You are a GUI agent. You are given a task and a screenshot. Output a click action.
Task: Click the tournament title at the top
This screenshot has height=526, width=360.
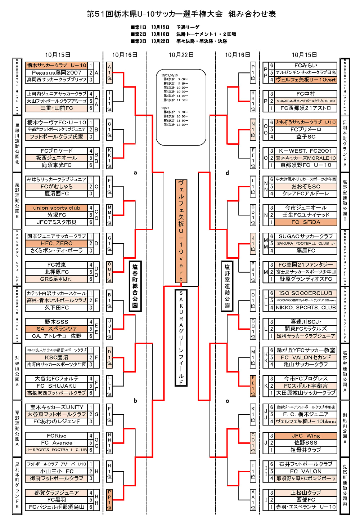click(181, 14)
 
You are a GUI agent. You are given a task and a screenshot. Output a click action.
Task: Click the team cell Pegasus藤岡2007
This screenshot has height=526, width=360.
click(57, 72)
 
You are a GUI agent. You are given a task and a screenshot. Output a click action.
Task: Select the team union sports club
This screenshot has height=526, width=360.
click(57, 208)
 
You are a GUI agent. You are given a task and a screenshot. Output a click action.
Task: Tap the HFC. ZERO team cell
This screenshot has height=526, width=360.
click(57, 244)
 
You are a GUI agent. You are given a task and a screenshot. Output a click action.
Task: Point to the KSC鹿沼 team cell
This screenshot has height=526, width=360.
click(57, 357)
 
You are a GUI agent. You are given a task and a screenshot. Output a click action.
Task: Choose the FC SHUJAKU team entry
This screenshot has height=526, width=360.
click(57, 386)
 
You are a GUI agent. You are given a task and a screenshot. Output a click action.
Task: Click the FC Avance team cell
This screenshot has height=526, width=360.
click(57, 443)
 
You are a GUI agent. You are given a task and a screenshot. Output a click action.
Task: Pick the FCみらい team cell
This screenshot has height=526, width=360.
click(306, 65)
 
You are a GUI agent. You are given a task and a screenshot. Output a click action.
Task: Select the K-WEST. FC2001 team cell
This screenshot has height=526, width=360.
click(306, 151)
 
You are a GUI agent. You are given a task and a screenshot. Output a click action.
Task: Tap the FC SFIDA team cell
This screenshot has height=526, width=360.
click(306, 222)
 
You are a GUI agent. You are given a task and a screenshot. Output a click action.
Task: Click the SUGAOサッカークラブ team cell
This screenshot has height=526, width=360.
click(306, 236)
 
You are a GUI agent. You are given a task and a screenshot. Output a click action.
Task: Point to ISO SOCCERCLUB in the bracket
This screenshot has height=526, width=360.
click(306, 293)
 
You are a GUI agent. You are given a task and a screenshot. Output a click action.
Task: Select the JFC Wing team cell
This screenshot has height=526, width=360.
click(306, 436)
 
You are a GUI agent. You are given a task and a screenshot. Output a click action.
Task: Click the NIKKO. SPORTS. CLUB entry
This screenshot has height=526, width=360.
click(306, 308)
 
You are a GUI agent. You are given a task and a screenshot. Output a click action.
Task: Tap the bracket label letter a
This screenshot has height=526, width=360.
click(135, 173)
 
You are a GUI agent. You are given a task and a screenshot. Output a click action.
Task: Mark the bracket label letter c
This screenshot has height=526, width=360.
click(227, 401)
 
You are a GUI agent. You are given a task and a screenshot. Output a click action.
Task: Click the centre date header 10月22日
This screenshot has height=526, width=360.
click(181, 55)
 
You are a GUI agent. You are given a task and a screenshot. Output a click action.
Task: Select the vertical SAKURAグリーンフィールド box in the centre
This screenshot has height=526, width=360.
click(181, 337)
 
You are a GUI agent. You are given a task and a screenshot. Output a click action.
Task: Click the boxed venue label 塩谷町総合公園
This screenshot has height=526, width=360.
click(135, 286)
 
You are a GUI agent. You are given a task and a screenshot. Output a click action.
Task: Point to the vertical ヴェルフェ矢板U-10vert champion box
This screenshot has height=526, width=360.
click(181, 231)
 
